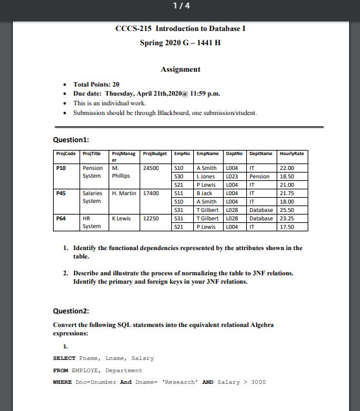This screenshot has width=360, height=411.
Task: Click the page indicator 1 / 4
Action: click(x=180, y=6)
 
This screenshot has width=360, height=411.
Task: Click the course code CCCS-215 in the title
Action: click(x=133, y=29)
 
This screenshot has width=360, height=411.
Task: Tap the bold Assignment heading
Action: click(x=180, y=69)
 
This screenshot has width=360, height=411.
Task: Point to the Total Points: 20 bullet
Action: click(x=96, y=85)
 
